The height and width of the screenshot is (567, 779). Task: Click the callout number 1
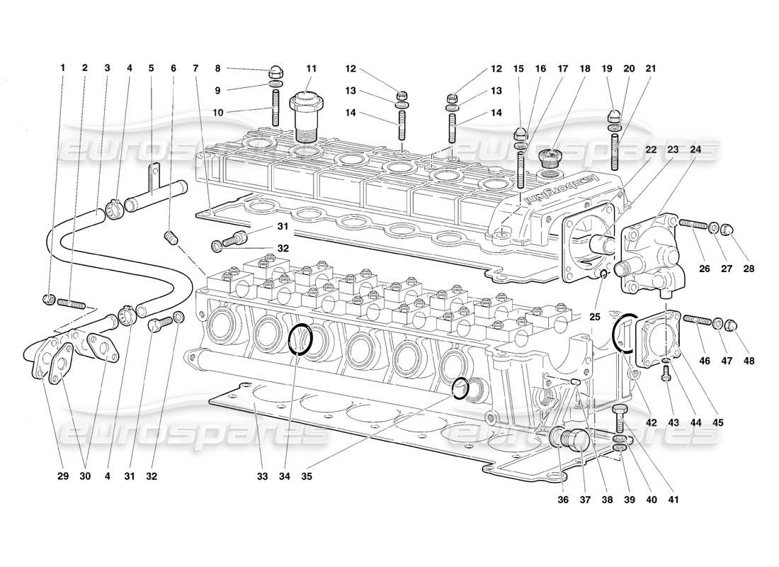pos(63,68)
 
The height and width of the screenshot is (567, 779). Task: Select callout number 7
pos(195,68)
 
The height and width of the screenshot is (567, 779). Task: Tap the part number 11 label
pos(311,69)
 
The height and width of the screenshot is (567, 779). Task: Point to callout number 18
pos(586,69)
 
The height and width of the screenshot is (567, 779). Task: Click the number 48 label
pos(749,361)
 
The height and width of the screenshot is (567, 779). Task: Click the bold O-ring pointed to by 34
pos(300,338)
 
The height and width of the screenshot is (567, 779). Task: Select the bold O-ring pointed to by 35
pos(461,388)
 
